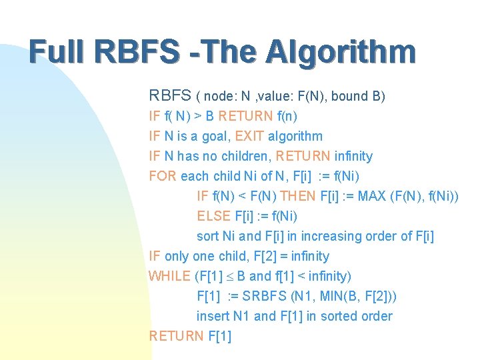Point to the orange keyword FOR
163,176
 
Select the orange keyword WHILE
169,276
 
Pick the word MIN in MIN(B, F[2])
314,296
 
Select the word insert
212,316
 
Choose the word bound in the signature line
349,96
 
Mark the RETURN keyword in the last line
176,336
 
